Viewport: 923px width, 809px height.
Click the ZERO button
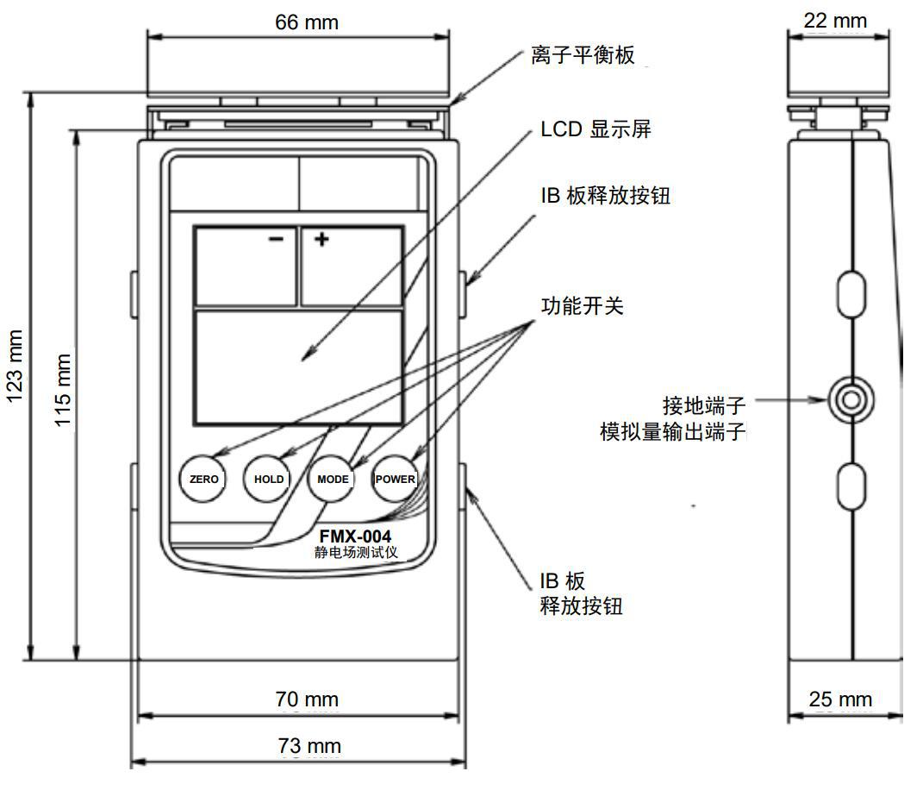coord(203,480)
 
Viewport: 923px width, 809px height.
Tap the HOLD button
coord(268,480)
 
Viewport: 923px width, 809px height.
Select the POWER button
coord(395,480)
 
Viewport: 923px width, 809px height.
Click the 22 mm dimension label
coord(835,20)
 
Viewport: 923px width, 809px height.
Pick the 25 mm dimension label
coord(840,699)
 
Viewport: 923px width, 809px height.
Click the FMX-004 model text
coord(355,536)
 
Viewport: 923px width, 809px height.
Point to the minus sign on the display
coord(276,239)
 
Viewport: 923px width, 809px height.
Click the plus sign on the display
coord(321,239)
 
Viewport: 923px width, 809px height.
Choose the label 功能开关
coord(581,306)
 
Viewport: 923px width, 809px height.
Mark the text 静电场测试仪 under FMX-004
coord(356,553)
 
